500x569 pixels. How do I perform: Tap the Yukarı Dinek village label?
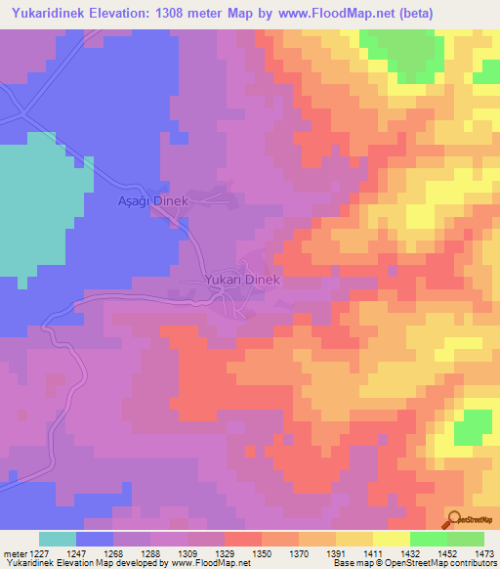pyautogui.click(x=242, y=280)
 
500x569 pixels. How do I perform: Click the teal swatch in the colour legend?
pyautogui.click(x=58, y=539)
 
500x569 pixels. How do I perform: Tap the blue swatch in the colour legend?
pyautogui.click(x=95, y=539)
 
